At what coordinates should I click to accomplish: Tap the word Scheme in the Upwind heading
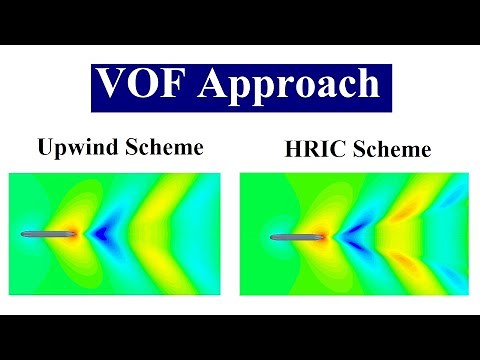[167, 149]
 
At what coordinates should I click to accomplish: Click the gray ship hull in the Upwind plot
[48, 234]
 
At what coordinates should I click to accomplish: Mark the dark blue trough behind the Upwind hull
[101, 235]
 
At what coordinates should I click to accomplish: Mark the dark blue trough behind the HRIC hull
[346, 239]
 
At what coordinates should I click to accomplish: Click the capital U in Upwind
[46, 149]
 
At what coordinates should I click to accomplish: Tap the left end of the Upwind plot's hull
[23, 234]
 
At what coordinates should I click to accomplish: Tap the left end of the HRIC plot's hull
[272, 238]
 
